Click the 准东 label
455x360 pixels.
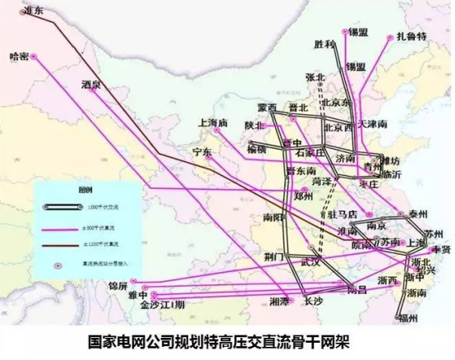point(33,11)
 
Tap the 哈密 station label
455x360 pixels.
point(18,57)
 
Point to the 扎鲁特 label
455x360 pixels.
point(411,37)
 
